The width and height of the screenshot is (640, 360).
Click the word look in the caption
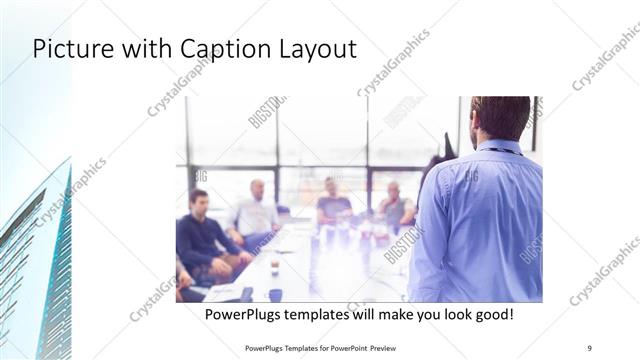click(x=445, y=314)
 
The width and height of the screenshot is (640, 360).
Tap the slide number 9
click(x=590, y=348)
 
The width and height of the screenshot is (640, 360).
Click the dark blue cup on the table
click(x=275, y=295)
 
